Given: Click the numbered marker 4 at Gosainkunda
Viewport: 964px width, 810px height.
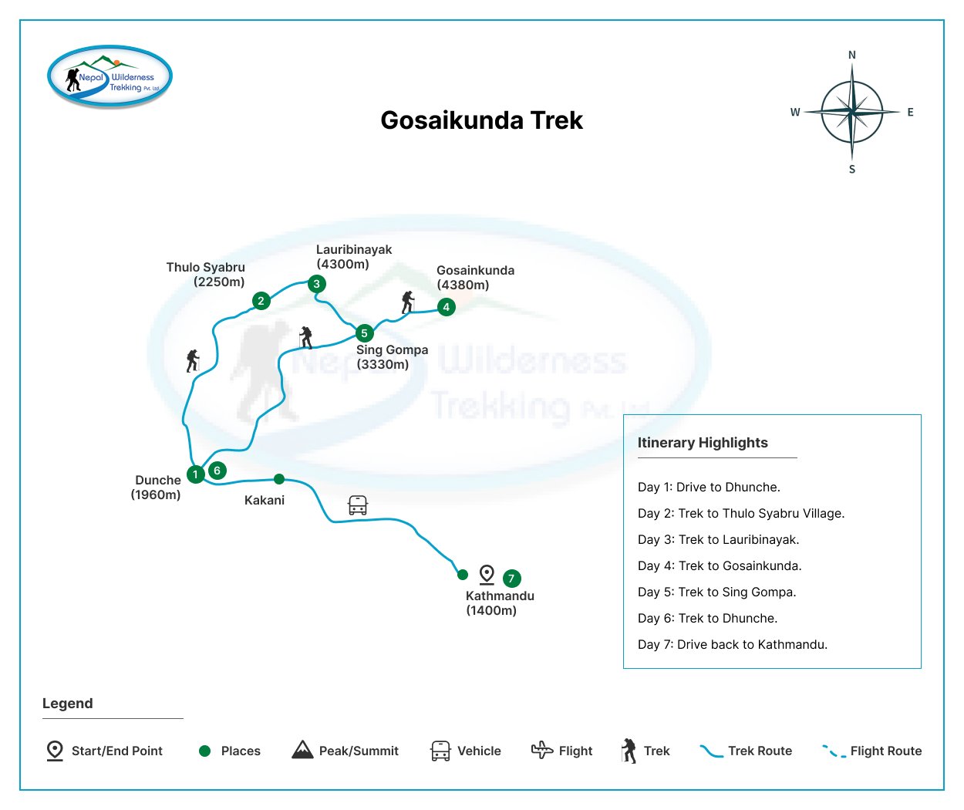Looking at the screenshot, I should tap(446, 307).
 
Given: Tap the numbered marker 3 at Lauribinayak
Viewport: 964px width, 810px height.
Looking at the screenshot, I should tap(316, 284).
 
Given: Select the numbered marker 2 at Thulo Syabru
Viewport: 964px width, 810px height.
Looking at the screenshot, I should tap(261, 301).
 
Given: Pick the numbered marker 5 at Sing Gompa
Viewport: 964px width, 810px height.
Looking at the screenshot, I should tap(364, 333).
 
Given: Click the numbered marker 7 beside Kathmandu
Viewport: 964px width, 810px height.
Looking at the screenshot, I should tap(511, 579).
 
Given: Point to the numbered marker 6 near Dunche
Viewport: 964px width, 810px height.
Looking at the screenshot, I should tap(217, 471).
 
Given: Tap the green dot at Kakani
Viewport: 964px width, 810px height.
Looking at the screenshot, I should tap(279, 479).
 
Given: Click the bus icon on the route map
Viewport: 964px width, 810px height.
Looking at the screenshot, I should tap(358, 505).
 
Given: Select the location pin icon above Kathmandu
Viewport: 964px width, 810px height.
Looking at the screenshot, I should tap(487, 575).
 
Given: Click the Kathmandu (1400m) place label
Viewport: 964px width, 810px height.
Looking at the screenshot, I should tap(500, 603).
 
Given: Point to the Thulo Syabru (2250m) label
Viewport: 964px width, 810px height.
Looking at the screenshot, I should tap(206, 275).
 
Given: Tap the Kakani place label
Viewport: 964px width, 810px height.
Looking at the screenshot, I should tap(265, 501).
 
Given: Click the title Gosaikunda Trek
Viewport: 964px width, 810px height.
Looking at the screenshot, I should tap(482, 120).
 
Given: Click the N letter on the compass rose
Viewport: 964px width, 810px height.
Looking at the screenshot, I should tap(852, 55).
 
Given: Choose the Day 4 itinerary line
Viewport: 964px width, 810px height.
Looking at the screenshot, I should tap(720, 566).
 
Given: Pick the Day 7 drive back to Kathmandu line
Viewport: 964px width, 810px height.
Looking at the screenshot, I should tap(733, 645).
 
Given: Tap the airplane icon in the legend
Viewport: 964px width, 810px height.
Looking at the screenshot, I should tap(542, 750).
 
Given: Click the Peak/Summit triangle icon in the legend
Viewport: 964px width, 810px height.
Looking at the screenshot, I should tap(302, 750).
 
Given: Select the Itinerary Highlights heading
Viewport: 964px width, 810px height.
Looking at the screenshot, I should tap(703, 443).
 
